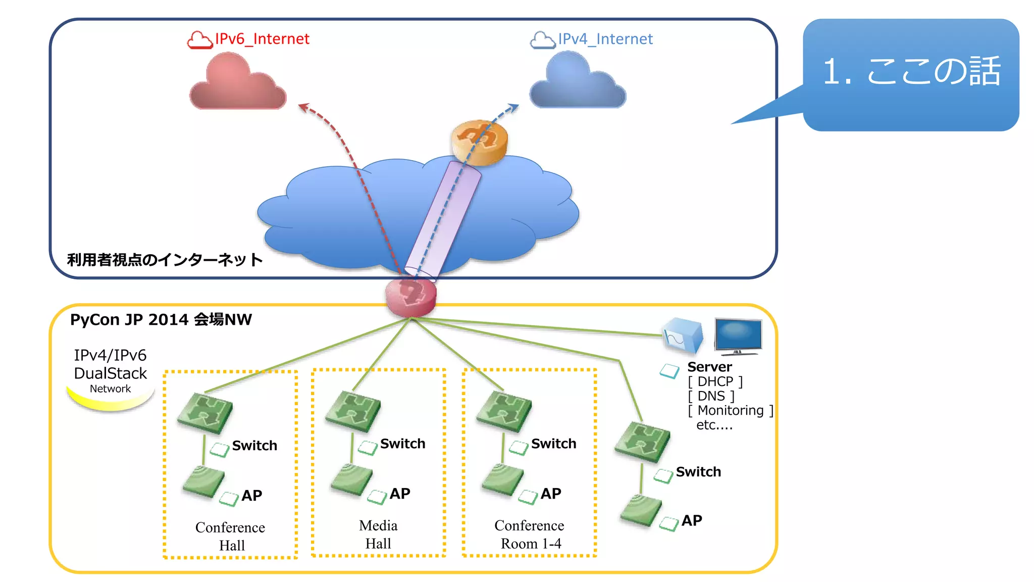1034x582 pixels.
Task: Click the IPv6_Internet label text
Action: tap(262, 39)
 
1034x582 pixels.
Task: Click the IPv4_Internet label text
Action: tap(605, 39)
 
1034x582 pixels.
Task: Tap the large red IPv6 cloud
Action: tap(237, 83)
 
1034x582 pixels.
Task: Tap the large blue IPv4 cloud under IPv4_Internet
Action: tap(577, 82)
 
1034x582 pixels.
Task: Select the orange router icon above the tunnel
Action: tap(479, 142)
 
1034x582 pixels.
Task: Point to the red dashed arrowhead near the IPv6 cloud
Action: tap(303, 107)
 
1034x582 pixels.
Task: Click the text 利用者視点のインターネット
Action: tap(165, 260)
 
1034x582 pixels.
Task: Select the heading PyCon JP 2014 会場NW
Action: tap(161, 319)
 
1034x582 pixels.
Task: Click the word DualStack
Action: tap(110, 373)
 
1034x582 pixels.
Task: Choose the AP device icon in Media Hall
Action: tap(351, 479)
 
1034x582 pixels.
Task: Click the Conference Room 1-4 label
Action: tap(529, 535)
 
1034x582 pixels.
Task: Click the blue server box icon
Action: tap(682, 335)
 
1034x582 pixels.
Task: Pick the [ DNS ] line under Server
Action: tap(711, 396)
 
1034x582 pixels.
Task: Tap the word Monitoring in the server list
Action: tap(730, 410)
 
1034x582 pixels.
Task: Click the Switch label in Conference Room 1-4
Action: tap(553, 444)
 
